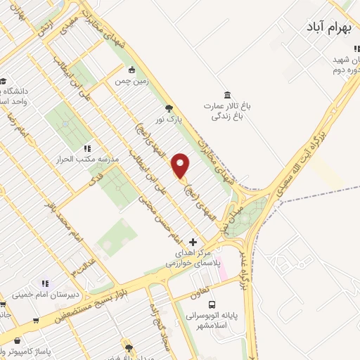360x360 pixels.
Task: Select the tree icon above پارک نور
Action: coord(168,108)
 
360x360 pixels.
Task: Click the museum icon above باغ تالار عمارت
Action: coord(227,95)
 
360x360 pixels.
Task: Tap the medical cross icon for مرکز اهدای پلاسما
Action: coord(193,242)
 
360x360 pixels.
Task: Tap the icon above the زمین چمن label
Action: coord(131,70)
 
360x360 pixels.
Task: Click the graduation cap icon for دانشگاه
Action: coord(4,81)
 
